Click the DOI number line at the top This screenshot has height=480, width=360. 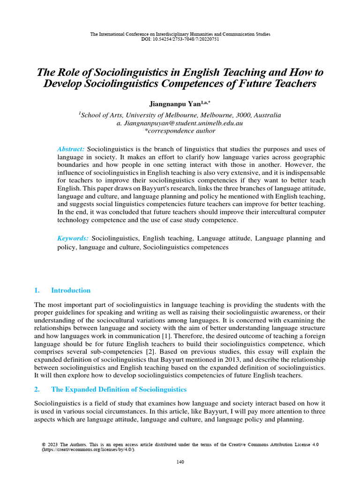pyautogui.click(x=180, y=39)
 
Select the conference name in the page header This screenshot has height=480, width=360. pyautogui.click(x=180, y=34)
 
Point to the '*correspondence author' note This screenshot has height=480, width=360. pyautogui.click(x=180, y=131)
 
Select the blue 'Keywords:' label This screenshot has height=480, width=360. pyautogui.click(x=73, y=239)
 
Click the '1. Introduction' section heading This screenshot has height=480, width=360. pyautogui.click(x=63, y=290)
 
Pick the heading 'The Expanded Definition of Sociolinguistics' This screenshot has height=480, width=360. pyautogui.click(x=119, y=390)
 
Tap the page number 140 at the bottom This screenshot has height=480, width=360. pyautogui.click(x=180, y=462)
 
